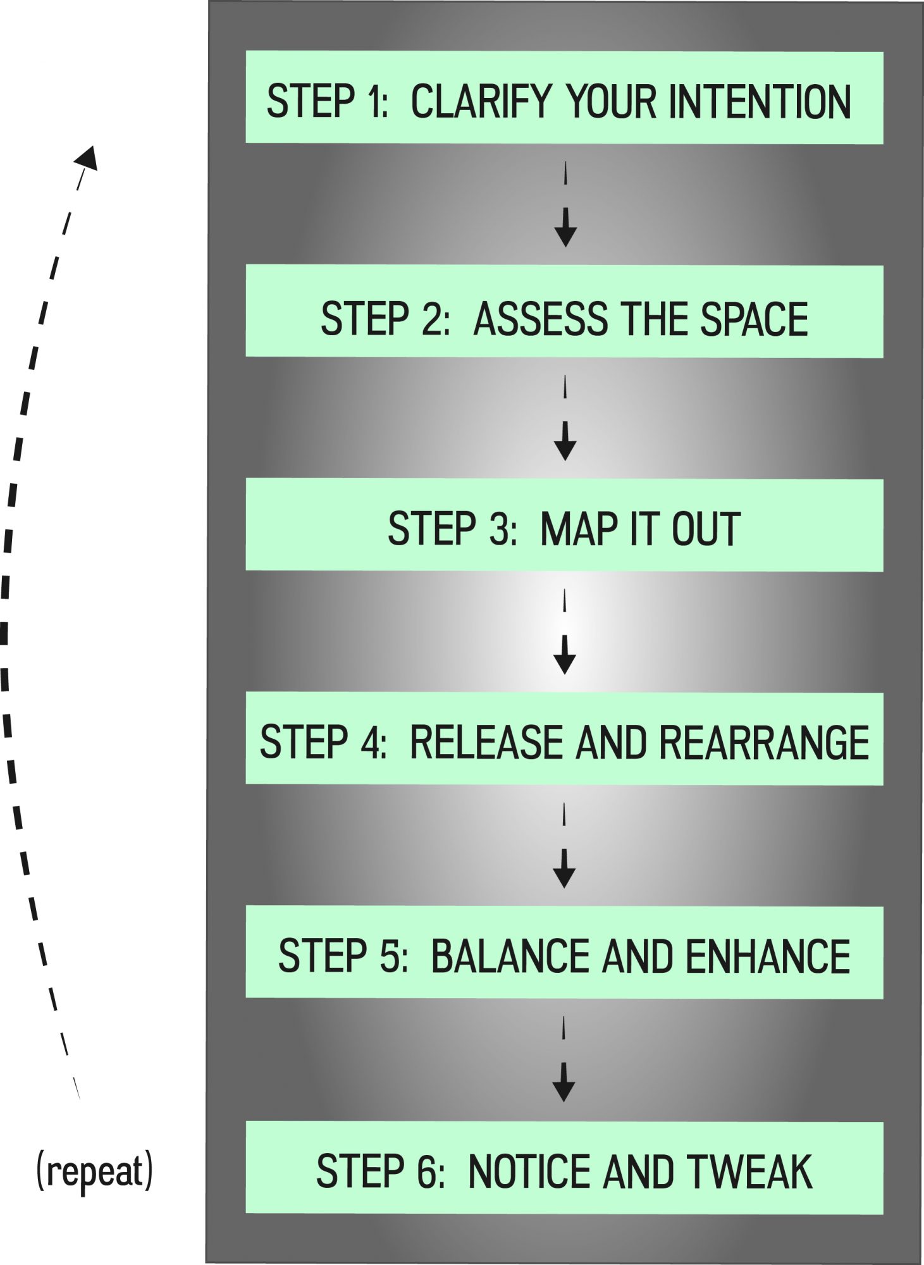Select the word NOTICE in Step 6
pyautogui.click(x=529, y=1171)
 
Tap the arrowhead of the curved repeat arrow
pyautogui.click(x=87, y=158)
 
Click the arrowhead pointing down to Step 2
pyautogui.click(x=565, y=235)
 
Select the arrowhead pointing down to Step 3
pyautogui.click(x=565, y=449)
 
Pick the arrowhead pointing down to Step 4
pyautogui.click(x=564, y=663)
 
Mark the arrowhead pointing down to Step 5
pyautogui.click(x=564, y=877)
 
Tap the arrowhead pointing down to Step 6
pyautogui.click(x=564, y=1090)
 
